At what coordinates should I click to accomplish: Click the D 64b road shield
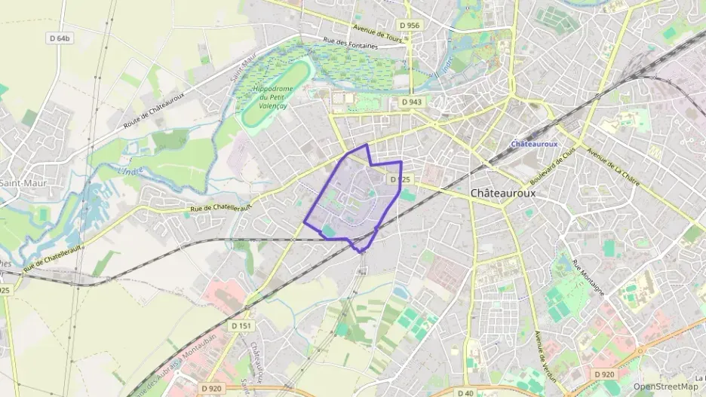click(x=60, y=38)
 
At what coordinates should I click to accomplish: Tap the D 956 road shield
click(x=410, y=26)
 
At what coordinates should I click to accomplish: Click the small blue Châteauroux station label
click(x=533, y=143)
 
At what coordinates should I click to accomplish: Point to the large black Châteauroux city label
click(x=503, y=193)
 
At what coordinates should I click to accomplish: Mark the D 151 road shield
click(x=241, y=325)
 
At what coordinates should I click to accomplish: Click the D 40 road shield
click(x=465, y=392)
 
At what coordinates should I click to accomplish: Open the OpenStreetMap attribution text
click(x=665, y=386)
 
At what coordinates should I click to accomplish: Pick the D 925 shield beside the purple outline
click(x=401, y=180)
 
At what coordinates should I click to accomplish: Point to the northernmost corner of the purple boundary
click(x=367, y=145)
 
